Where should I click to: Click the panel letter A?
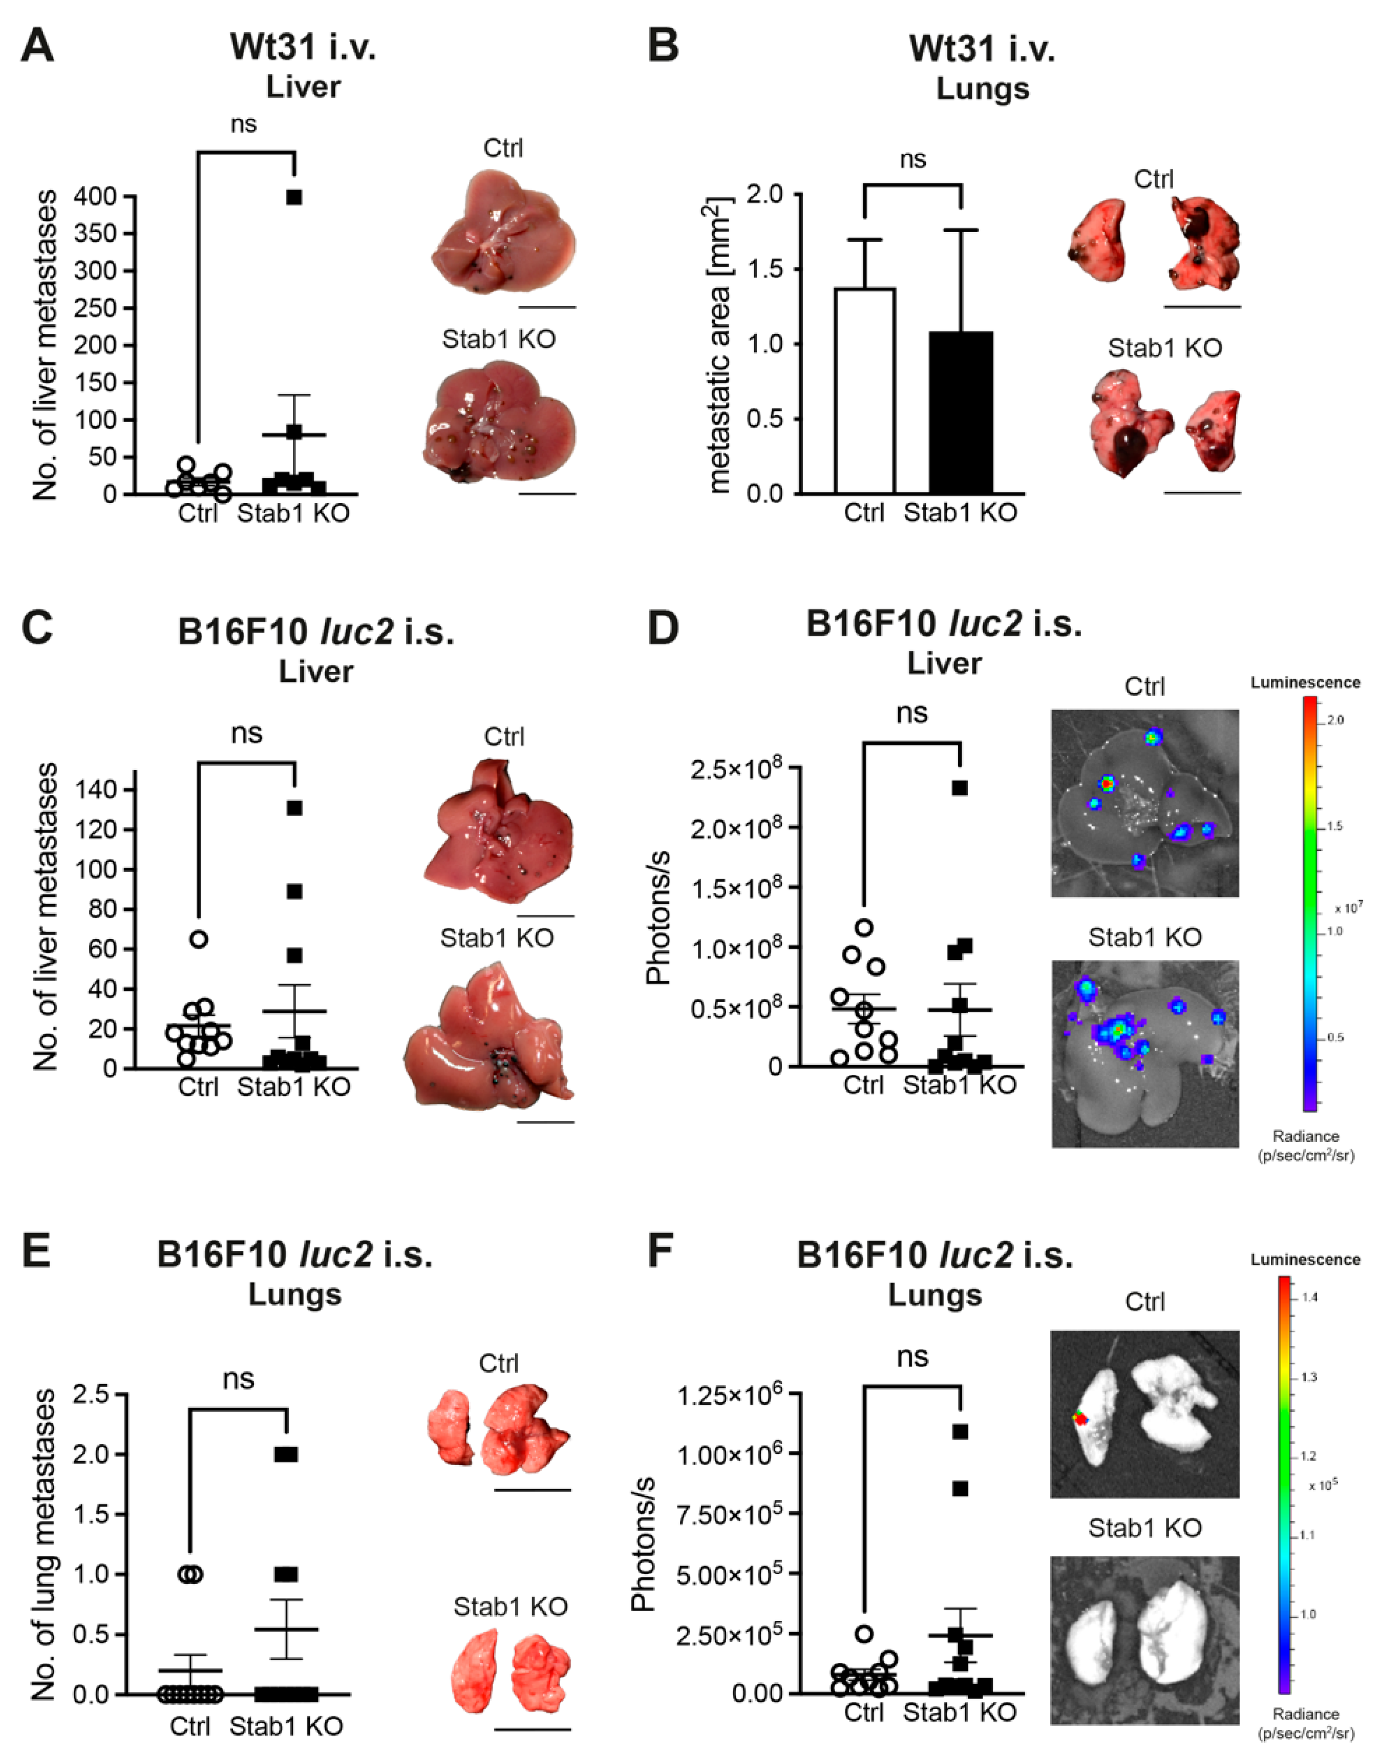36,46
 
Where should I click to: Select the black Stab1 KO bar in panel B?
961,412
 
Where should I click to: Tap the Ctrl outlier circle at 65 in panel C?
198,938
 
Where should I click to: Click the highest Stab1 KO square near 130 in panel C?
294,807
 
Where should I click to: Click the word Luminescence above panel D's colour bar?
1305,683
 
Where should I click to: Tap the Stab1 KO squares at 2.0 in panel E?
286,1454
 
